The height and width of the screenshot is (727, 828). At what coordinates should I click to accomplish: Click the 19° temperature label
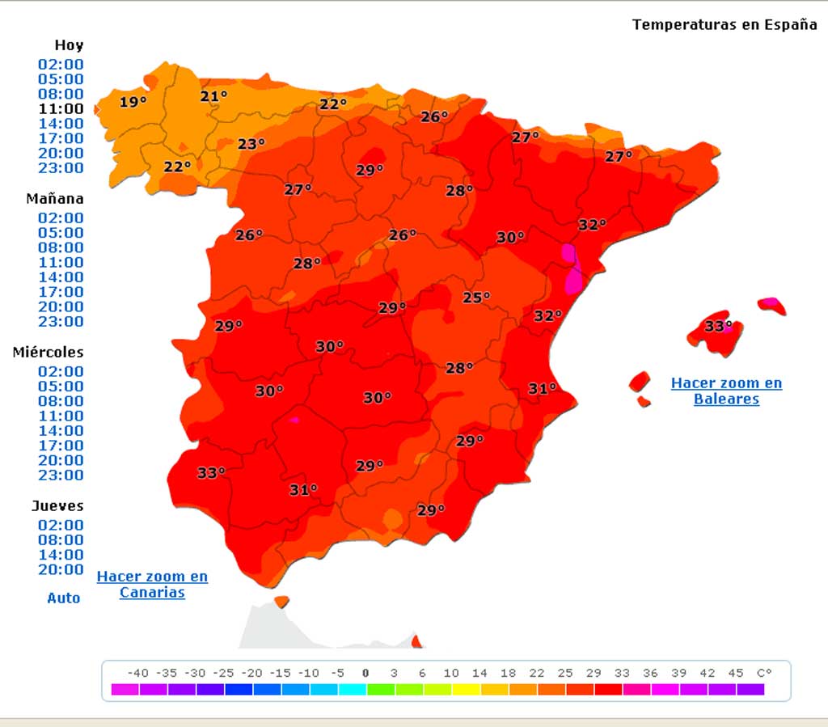pyautogui.click(x=133, y=102)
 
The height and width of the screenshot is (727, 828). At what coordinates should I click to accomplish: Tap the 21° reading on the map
pyautogui.click(x=214, y=97)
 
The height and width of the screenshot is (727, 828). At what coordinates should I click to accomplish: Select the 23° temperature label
pyautogui.click(x=251, y=144)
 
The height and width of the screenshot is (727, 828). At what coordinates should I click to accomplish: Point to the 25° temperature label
pyautogui.click(x=476, y=298)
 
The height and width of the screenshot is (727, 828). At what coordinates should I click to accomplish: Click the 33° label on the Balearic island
pyautogui.click(x=718, y=327)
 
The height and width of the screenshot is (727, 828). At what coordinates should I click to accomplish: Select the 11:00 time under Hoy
pyautogui.click(x=61, y=108)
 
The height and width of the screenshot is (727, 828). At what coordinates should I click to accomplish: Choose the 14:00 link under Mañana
pyautogui.click(x=61, y=277)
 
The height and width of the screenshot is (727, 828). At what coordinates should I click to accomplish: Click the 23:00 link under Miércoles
pyautogui.click(x=61, y=475)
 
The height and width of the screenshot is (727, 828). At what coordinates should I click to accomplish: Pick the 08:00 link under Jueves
pyautogui.click(x=61, y=539)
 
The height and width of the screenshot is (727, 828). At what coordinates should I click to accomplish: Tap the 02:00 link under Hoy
pyautogui.click(x=61, y=64)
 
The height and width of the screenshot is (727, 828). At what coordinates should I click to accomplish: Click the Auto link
pyautogui.click(x=64, y=598)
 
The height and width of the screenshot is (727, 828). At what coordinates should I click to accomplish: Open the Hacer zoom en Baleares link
pyautogui.click(x=726, y=391)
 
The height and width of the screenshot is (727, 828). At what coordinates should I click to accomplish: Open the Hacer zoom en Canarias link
pyautogui.click(x=152, y=584)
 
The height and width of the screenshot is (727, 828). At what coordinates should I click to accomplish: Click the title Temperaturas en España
pyautogui.click(x=724, y=24)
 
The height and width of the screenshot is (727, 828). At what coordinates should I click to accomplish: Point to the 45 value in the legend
pyautogui.click(x=735, y=673)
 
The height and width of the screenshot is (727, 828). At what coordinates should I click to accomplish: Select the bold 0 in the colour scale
pyautogui.click(x=365, y=673)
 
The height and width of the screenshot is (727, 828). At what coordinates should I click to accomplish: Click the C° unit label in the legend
pyautogui.click(x=764, y=673)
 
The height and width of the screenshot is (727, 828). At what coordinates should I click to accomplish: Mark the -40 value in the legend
pyautogui.click(x=137, y=673)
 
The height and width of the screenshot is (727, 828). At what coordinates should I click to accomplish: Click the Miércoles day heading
pyautogui.click(x=48, y=352)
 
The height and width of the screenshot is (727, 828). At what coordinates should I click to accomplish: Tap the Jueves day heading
pyautogui.click(x=57, y=505)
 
